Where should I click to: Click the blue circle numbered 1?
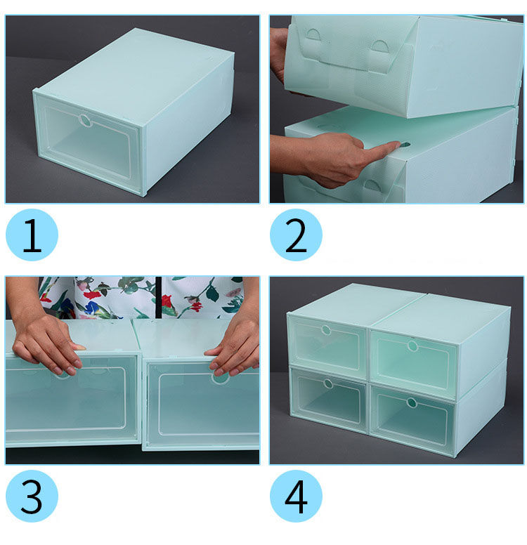(32, 235)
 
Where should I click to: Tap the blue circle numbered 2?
(296, 235)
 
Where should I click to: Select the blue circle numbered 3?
(32, 496)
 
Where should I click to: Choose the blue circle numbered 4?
(296, 496)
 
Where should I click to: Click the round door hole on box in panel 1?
(84, 120)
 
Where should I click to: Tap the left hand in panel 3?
(47, 344)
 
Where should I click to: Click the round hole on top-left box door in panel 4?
(326, 330)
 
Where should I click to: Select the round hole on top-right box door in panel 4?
(412, 346)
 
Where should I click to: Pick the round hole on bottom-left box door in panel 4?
(328, 383)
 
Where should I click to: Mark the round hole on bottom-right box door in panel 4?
(412, 403)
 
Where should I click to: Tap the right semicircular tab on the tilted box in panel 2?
(379, 46)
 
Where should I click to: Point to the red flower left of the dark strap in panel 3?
(92, 295)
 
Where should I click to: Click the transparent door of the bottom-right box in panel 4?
(412, 420)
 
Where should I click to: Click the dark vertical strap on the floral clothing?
(159, 297)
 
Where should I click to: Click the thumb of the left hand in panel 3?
(77, 346)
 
